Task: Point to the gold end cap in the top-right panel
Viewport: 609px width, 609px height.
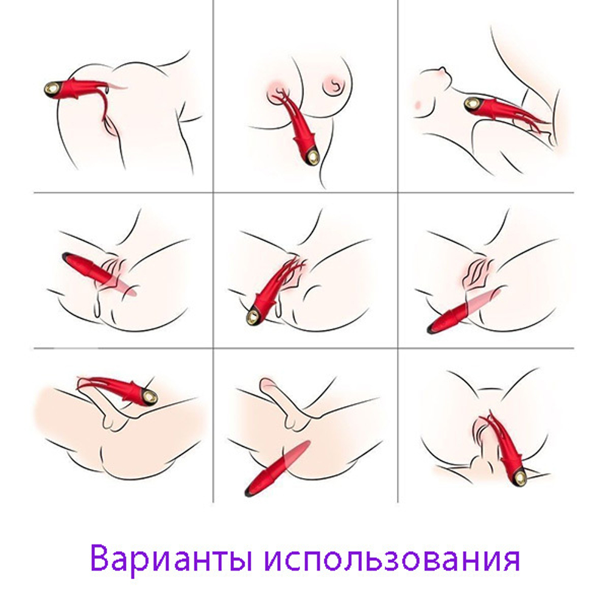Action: point(472,105)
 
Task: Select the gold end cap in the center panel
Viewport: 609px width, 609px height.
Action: point(252,316)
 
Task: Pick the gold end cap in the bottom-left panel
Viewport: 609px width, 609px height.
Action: point(148,398)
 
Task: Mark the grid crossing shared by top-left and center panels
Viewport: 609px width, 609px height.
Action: point(213,192)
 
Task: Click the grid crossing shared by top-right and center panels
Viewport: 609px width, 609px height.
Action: point(398,192)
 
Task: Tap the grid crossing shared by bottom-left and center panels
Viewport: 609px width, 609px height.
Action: point(213,349)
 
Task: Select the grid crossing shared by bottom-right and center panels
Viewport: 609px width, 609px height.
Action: point(398,349)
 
